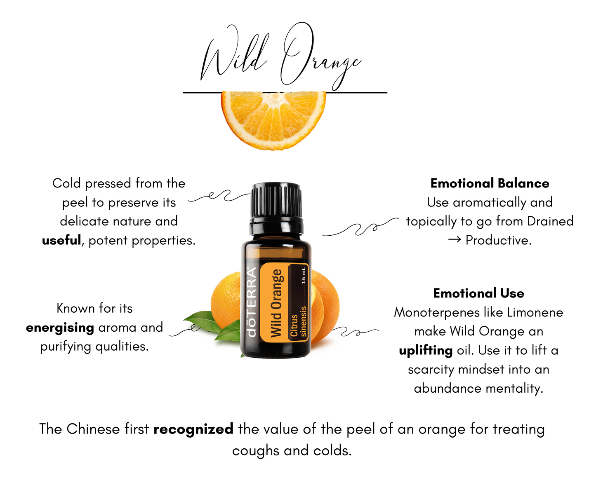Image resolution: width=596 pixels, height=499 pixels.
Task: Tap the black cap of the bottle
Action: [276, 201]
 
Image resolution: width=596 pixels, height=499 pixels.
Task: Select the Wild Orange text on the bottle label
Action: [276, 303]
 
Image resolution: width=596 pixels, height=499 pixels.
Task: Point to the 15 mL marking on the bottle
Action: [304, 275]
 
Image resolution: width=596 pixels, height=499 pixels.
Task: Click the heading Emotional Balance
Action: [490, 183]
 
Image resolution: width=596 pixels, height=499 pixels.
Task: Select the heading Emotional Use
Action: [478, 293]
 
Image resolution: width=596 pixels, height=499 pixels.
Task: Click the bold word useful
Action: [61, 240]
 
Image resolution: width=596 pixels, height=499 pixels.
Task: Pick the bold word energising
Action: [60, 328]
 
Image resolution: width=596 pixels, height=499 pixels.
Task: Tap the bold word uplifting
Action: [426, 351]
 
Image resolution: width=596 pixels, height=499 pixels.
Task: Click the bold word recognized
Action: [193, 429]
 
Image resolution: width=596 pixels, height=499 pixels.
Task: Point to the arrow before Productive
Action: [454, 240]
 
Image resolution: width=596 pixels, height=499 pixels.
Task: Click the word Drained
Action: [550, 221]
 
